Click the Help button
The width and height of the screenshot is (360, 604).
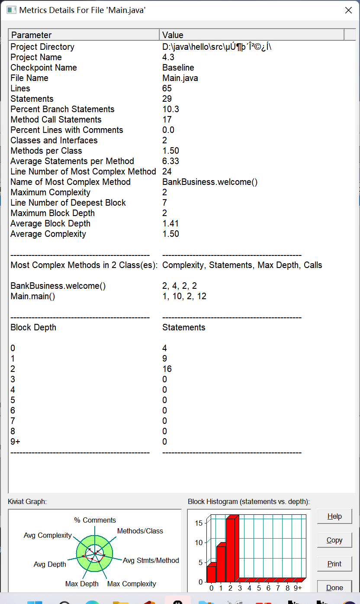point(334,516)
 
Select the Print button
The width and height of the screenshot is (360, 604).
point(334,564)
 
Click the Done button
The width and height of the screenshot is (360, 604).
point(334,588)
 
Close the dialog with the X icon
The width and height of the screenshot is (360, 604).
point(348,10)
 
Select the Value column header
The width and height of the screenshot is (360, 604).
point(251,35)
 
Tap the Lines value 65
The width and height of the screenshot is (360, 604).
point(167,88)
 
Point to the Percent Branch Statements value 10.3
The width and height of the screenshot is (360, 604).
point(170,109)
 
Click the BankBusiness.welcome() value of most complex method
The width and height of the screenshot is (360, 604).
point(210,182)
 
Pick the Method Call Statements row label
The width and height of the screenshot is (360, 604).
point(56,120)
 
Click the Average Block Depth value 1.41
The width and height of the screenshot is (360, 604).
point(170,223)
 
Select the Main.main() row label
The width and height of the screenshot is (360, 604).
point(33,296)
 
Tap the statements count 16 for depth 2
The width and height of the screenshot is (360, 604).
point(167,369)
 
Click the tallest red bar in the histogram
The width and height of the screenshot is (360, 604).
point(231,550)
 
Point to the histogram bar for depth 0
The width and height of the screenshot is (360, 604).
point(211,574)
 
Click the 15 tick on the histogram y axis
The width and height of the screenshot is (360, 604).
point(199,523)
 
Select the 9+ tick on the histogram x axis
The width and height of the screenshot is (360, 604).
point(298,588)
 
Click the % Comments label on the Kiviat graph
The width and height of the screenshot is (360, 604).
point(95,520)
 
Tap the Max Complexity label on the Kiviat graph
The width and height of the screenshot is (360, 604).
point(132,584)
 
